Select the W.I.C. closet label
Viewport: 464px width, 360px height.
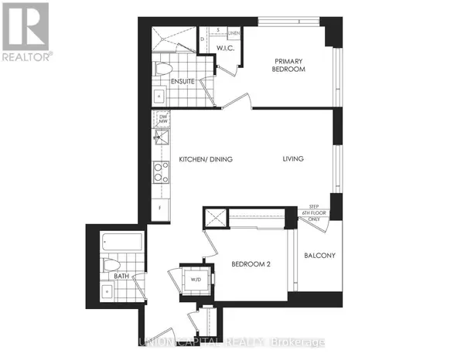225,49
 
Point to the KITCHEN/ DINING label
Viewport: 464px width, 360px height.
206,159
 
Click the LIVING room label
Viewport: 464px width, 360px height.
292,159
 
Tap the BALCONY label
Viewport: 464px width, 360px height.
318,256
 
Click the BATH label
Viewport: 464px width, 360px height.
121,275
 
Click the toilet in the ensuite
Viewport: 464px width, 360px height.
162,69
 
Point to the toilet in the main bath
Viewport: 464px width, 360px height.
109,265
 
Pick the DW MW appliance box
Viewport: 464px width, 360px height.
162,119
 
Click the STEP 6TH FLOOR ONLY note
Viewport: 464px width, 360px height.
314,213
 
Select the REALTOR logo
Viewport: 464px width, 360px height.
27,32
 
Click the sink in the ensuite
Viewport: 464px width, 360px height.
159,97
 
